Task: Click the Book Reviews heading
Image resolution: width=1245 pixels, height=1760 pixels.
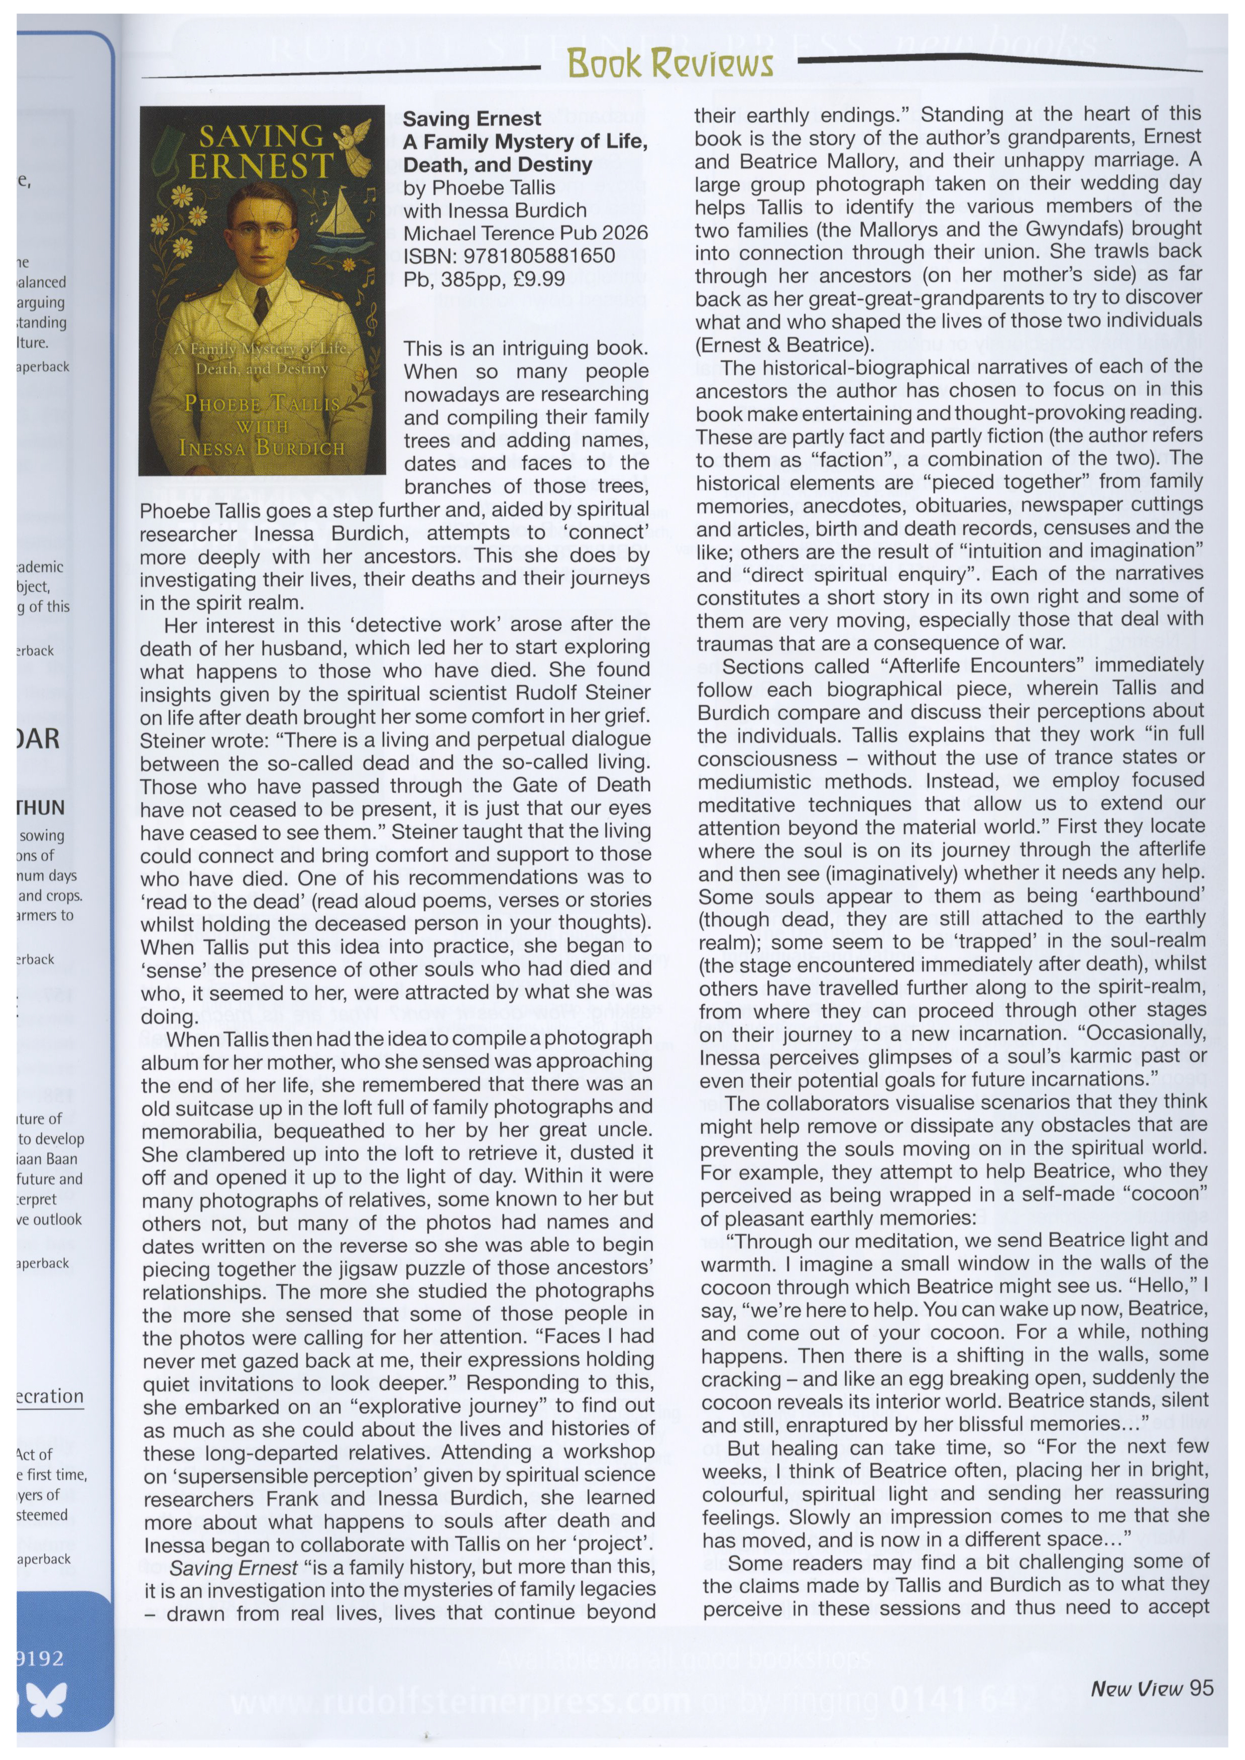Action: pos(669,64)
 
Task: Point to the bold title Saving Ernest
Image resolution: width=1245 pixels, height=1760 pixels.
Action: pos(472,119)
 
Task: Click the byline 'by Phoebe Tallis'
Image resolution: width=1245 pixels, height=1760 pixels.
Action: pos(479,188)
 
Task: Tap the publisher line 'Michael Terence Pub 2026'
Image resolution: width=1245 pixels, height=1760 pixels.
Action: pos(525,233)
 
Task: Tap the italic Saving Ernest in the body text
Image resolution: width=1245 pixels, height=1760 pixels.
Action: pos(234,1568)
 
